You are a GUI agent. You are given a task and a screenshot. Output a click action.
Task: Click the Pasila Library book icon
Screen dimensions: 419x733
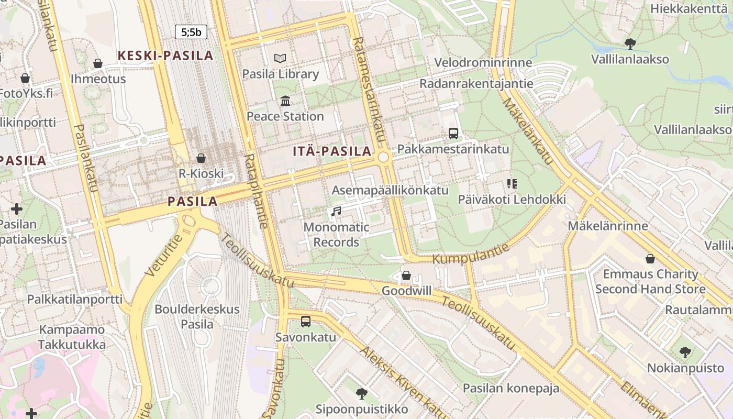coord(281,58)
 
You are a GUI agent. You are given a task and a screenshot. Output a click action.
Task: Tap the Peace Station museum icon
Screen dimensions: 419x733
coord(285,101)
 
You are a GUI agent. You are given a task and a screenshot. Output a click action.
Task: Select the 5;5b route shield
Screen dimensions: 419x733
coord(191,32)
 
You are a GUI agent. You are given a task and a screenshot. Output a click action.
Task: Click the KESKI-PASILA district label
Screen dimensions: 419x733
coord(165,56)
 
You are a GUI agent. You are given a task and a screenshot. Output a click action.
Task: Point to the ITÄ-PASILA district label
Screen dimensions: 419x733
coord(332,152)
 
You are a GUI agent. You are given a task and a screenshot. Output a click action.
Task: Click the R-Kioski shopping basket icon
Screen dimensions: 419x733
coord(201,158)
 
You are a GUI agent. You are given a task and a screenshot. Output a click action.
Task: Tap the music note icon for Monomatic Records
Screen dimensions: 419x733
coord(336,212)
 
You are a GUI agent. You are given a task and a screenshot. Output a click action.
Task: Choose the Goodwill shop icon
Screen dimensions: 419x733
coord(406,275)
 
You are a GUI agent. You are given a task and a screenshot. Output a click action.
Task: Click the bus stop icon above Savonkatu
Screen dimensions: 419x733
coord(306,321)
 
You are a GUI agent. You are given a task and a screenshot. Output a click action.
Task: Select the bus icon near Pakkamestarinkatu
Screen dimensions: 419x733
coord(453,134)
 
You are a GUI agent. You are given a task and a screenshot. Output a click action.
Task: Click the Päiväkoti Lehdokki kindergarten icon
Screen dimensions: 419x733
coord(512,184)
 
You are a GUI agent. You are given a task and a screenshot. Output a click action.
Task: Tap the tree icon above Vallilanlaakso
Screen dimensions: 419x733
coord(630,43)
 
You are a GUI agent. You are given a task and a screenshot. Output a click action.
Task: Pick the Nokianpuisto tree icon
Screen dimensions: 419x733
coord(685,352)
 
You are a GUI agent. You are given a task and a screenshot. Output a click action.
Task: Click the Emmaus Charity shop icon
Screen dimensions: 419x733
coord(650,259)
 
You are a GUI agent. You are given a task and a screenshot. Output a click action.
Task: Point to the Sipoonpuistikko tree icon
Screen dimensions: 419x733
coord(361,393)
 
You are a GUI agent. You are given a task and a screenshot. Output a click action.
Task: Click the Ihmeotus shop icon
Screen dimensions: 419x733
coord(98,63)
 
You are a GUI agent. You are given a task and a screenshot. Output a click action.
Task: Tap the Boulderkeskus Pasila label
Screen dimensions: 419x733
coord(197,316)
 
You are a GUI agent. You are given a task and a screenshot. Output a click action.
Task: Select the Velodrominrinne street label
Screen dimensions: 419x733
coord(483,63)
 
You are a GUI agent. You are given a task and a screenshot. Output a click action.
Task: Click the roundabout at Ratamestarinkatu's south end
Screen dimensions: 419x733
coord(384,157)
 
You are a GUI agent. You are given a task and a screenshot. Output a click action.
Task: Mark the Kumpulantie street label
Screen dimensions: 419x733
coord(471,252)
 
